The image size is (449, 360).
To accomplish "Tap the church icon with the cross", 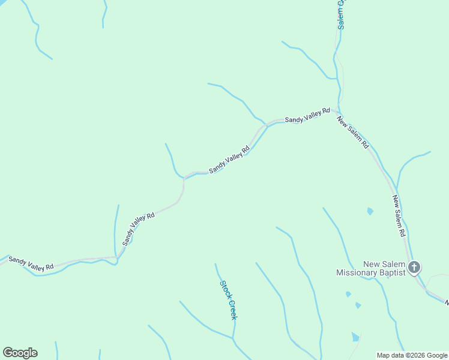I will pos(414,267).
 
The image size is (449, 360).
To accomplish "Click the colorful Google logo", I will pos(20,353).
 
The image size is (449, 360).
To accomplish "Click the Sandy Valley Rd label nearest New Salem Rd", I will pos(307,116).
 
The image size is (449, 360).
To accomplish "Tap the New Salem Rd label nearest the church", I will pos(400,215).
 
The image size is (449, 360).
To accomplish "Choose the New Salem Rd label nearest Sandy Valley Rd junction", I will pos(353,133).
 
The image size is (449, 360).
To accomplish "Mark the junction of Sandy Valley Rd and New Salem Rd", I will pos(335,111).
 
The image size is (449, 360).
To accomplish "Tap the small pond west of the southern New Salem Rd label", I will pos(370,211).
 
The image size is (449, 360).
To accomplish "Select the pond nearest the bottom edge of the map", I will pos(355,337).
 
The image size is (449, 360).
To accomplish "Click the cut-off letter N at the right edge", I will pos(446,303).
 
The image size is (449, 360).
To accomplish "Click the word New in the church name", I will pos(372,264).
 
